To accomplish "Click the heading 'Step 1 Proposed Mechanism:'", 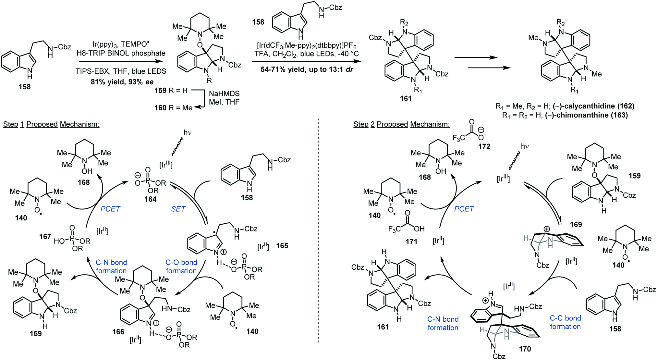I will point(51,124).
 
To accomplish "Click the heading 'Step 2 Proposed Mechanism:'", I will point(401,124).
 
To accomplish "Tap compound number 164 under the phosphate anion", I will point(151,199).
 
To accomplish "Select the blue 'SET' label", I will point(178,209).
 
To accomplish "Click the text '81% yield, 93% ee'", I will point(122,82).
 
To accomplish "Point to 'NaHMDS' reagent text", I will point(224,93).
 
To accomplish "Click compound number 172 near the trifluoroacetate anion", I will point(484,146).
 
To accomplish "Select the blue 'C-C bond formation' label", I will point(565,322).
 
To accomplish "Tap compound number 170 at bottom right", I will point(525,349).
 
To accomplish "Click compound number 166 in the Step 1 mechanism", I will point(118,332).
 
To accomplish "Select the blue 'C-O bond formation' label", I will point(181,267).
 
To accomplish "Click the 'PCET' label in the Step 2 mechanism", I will point(464,209).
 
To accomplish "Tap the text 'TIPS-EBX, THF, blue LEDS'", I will point(121,71).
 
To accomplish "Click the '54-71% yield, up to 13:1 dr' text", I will point(307,69).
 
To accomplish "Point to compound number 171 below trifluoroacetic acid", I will point(411,242).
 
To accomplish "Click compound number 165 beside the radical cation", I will point(282,246).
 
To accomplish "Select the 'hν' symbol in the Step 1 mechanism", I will point(188,132).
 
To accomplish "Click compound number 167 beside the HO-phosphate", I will point(45,237).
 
